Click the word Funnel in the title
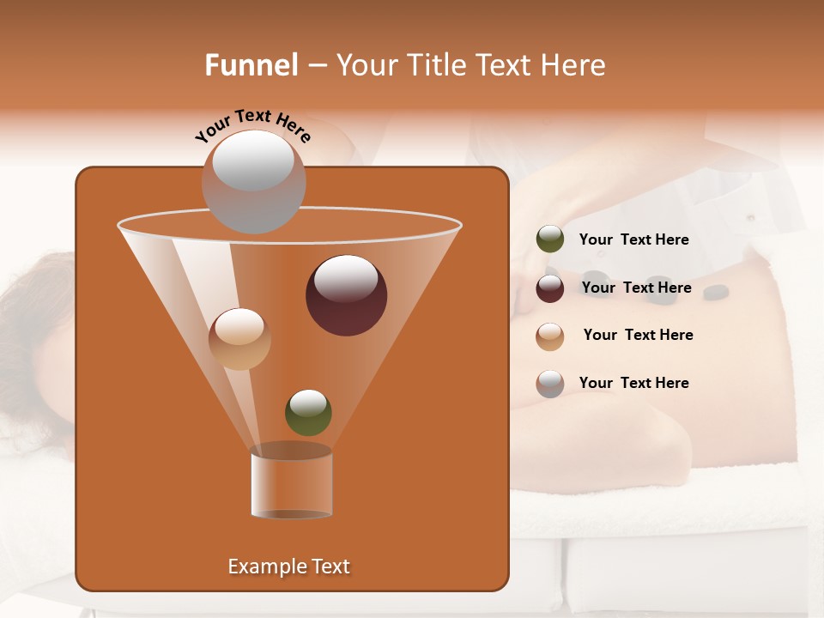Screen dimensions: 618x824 (251, 65)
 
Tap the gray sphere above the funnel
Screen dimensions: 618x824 (253, 181)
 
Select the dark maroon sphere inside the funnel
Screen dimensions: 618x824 (346, 295)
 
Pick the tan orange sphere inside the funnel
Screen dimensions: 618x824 (239, 339)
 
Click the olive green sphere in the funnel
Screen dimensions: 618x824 (308, 412)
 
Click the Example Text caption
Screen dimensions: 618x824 (289, 566)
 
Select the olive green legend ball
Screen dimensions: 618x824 (550, 239)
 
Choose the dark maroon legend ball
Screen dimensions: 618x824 (550, 288)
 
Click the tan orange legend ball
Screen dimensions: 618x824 (550, 336)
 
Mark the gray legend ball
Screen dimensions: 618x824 (550, 383)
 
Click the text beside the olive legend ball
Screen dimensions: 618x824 (633, 239)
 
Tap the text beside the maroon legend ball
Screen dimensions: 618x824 (636, 288)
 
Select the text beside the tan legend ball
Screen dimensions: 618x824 (638, 335)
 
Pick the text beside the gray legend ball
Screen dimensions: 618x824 (633, 383)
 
